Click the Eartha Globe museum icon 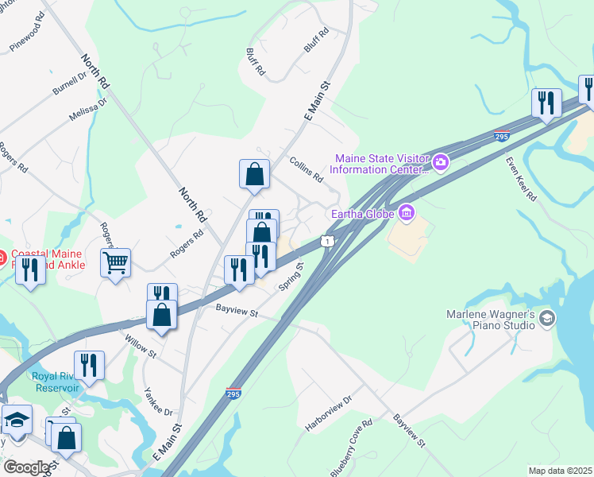(407, 212)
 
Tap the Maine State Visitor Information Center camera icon (441, 163)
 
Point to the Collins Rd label (307, 169)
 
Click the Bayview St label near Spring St (237, 313)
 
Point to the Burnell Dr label (70, 83)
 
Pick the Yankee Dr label (159, 401)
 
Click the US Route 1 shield (326, 241)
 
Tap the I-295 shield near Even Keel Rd (501, 135)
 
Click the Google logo (25, 467)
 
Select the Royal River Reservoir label (56, 382)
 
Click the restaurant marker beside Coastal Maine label (30, 270)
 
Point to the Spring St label (291, 277)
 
